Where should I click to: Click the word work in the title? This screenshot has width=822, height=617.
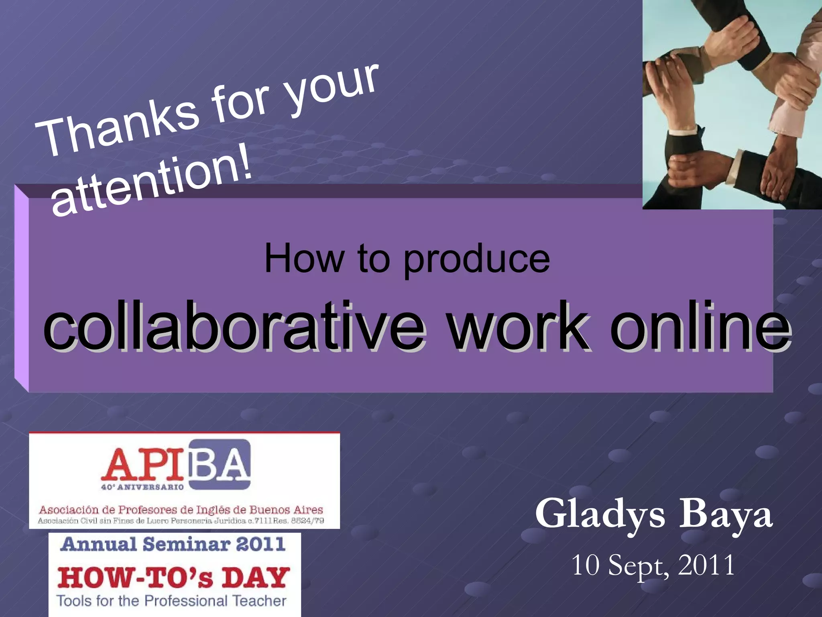tap(518, 326)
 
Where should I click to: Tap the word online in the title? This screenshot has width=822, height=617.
tap(701, 326)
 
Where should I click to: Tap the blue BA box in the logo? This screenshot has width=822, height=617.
tap(220, 464)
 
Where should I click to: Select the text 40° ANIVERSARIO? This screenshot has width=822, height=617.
tap(142, 487)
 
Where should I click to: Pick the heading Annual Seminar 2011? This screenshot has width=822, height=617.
tap(173, 545)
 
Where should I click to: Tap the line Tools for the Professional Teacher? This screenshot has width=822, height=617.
tap(172, 601)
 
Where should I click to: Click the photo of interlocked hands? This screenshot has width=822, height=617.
tap(732, 104)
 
